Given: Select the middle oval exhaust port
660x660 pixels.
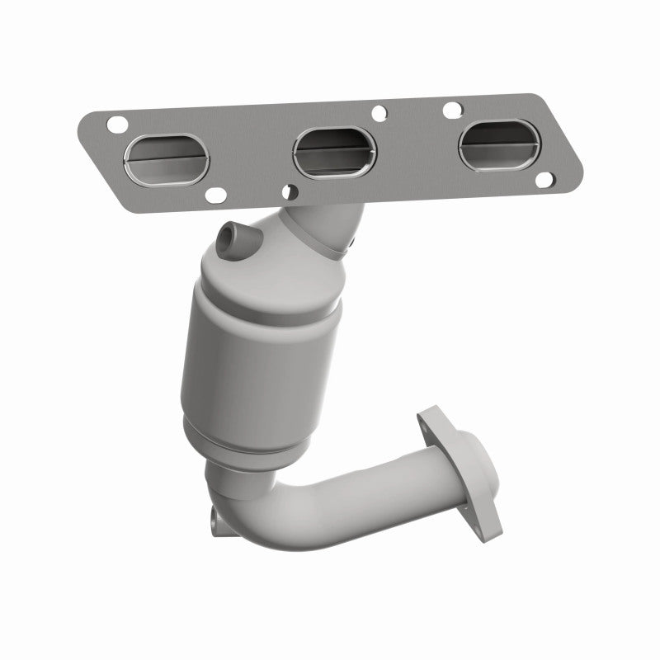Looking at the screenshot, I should pos(327,146).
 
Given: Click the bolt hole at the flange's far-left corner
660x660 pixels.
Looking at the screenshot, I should pos(115,125).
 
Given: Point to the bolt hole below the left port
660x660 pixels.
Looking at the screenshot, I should pos(217,196).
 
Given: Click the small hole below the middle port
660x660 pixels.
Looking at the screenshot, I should pos(287,191).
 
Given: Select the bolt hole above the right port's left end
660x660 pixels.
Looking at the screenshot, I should pos(451,107).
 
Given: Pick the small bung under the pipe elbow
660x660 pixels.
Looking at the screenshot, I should pos(215,517).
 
